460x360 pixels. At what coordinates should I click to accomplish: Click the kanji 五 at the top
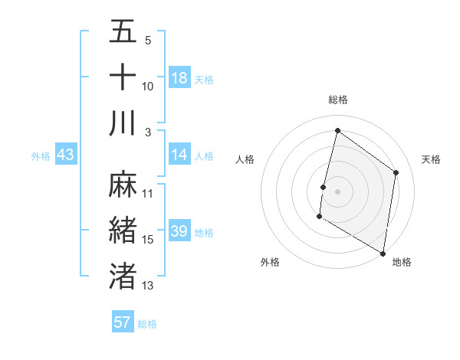tap(123, 33)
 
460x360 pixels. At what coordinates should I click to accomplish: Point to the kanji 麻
tap(123, 185)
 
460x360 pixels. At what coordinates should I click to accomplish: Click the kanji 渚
tap(123, 275)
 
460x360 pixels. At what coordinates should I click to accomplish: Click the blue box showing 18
tap(179, 78)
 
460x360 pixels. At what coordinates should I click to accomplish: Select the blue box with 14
tap(179, 155)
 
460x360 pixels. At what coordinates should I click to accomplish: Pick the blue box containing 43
tap(66, 155)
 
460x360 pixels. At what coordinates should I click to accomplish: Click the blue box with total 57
tap(123, 322)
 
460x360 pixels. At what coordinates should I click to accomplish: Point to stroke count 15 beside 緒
tap(148, 240)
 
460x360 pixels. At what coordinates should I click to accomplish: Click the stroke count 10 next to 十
tap(148, 87)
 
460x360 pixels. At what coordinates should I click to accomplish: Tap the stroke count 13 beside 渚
tap(148, 286)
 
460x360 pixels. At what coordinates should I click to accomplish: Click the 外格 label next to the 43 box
tap(41, 156)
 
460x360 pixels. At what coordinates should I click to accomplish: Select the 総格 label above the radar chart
tap(337, 100)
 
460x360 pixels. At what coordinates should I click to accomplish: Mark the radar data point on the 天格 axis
tap(396, 172)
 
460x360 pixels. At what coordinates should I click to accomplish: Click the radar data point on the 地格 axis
tap(383, 253)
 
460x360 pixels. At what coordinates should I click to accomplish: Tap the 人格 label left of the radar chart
tap(245, 159)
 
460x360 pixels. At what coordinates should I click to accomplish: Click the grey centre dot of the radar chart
tap(337, 191)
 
